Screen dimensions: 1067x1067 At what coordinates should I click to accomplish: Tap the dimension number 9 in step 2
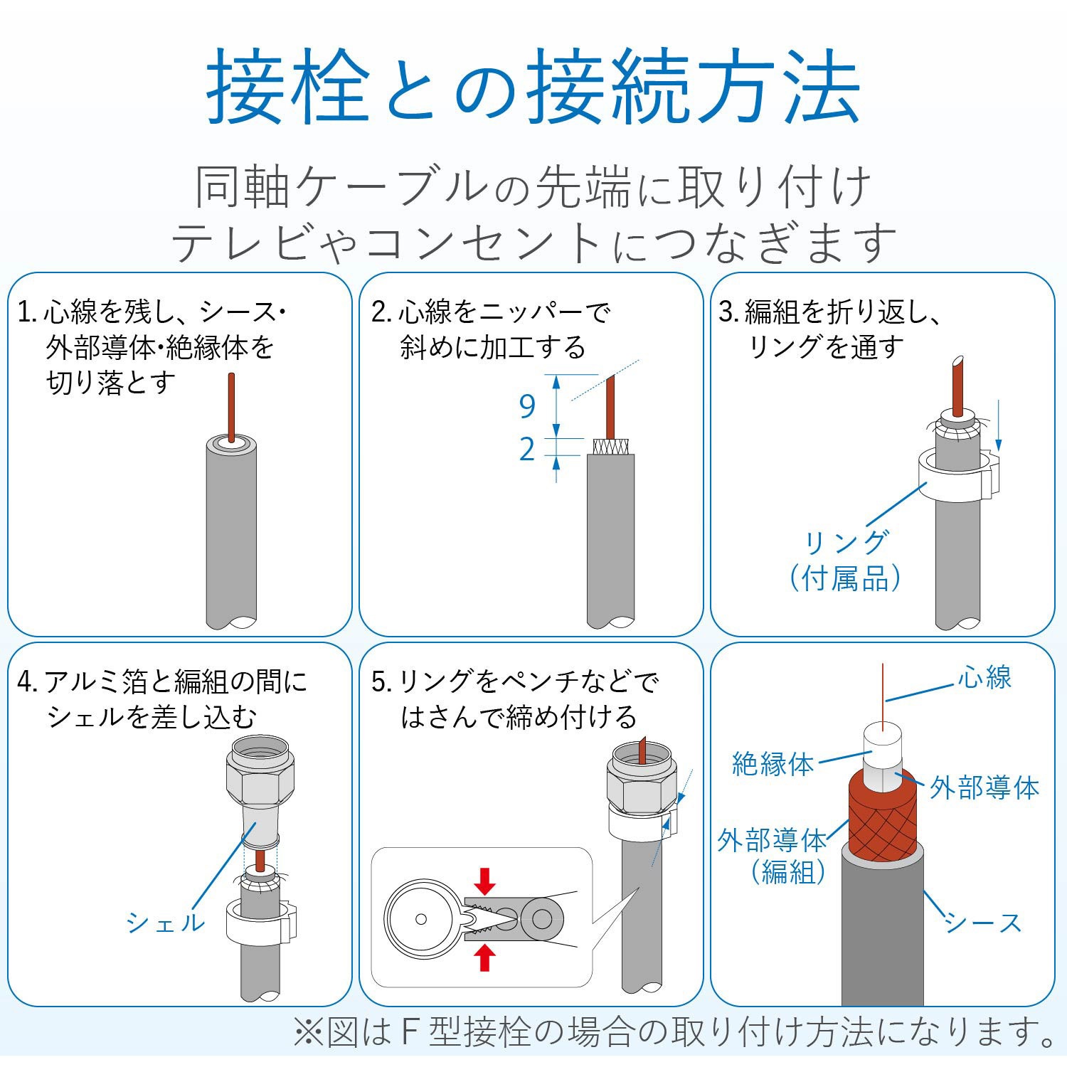point(527,406)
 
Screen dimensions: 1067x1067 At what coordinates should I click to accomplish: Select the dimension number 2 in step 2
point(527,450)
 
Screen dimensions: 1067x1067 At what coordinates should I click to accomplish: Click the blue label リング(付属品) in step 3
point(845,561)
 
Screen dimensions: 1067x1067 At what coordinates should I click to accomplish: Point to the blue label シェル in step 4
point(166,923)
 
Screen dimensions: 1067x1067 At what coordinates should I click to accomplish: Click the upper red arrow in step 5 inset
point(485,881)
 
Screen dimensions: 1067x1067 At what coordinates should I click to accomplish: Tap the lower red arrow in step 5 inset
point(485,957)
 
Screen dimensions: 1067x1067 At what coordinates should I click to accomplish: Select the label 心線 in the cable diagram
point(984,678)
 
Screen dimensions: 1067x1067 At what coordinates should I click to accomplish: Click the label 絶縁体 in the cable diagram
point(773,765)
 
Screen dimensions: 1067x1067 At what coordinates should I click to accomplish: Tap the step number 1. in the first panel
point(26,312)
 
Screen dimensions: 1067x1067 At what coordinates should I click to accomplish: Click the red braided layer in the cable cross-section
point(882,818)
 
